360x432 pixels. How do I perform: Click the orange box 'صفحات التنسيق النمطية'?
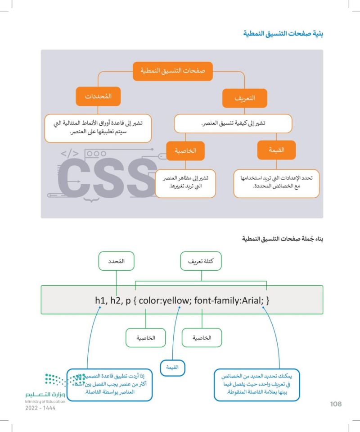[172, 71]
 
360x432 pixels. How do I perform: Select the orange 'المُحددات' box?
[98, 96]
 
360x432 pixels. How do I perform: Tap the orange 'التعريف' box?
[244, 98]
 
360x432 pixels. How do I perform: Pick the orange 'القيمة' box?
[276, 150]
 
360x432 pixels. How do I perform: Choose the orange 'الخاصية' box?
[185, 151]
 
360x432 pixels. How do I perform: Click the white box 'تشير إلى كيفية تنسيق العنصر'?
[233, 123]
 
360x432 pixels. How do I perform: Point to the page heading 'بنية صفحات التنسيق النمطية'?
[283, 34]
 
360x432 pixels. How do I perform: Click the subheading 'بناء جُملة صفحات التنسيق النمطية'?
[283, 239]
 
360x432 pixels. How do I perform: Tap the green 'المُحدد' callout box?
[116, 261]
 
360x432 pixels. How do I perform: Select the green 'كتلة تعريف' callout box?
[201, 261]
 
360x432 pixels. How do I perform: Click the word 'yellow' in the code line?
[175, 300]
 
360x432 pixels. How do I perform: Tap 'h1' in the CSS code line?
[100, 300]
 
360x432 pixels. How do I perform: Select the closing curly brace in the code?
[267, 300]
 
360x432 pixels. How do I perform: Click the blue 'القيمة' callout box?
[172, 367]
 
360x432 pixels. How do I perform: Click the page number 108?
[336, 404]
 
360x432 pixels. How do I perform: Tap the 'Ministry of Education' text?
[45, 401]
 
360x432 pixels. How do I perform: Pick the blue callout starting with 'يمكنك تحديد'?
[256, 385]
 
